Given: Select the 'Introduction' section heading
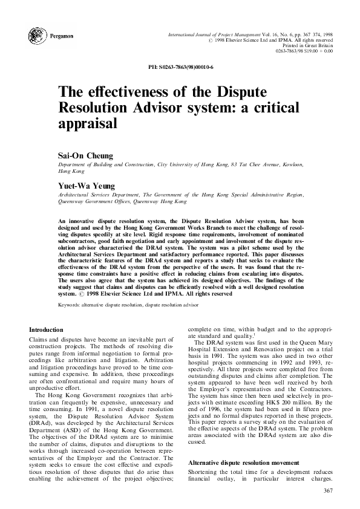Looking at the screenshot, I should click(46, 329).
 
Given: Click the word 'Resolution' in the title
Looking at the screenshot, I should click(100, 108).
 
